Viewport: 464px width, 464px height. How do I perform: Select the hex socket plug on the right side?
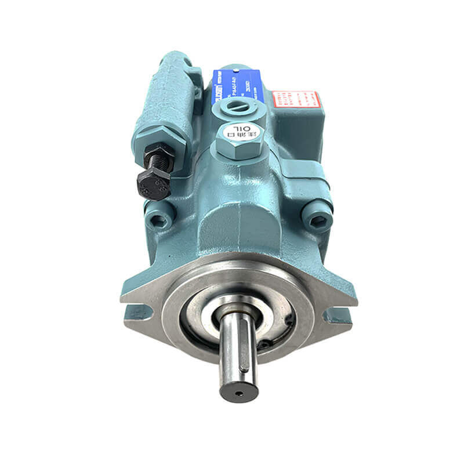click(317, 213)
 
